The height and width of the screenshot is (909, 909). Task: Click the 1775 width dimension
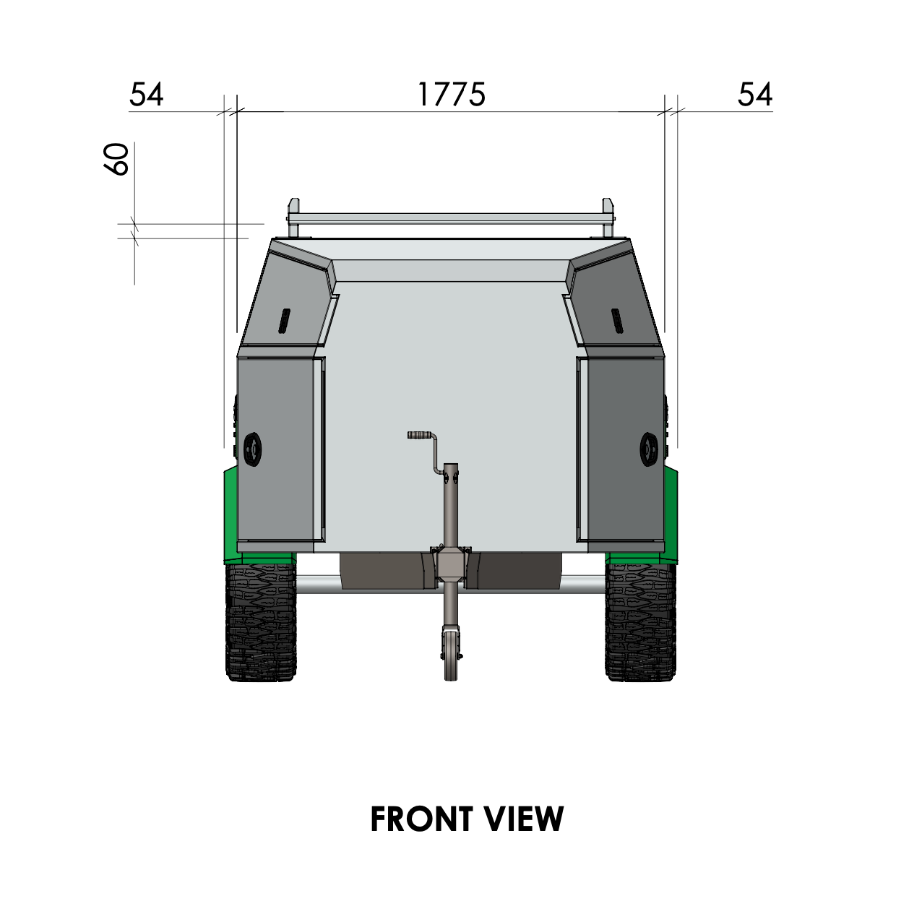(452, 95)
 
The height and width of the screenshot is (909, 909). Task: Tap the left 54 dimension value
(146, 95)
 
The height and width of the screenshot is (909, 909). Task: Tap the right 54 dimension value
(755, 95)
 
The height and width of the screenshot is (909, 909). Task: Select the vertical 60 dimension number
(116, 160)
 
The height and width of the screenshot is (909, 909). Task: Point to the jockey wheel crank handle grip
(418, 434)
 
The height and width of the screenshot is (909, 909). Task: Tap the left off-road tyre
(261, 621)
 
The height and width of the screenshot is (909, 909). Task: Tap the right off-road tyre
(641, 621)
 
